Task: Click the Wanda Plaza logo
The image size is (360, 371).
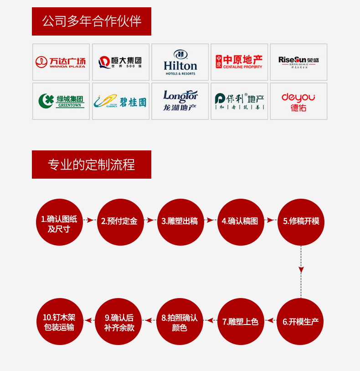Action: tap(61, 62)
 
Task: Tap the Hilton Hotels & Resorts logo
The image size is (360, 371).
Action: tap(180, 62)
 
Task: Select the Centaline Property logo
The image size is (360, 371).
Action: tap(239, 62)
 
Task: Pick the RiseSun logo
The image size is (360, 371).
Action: tap(298, 62)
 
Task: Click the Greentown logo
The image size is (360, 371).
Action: tap(61, 101)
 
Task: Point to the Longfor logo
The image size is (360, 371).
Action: tap(180, 101)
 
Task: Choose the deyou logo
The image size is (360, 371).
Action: tap(298, 101)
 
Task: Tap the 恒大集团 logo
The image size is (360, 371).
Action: tap(121, 62)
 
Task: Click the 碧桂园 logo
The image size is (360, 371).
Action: tap(121, 101)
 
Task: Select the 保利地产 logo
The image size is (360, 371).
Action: tap(239, 101)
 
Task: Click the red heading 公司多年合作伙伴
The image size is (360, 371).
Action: tap(92, 21)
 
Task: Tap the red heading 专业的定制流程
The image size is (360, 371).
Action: tap(92, 165)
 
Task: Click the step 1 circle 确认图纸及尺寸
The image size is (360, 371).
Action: tap(59, 222)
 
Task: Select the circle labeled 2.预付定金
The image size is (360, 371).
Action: tap(119, 222)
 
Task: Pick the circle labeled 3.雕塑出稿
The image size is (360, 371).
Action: tap(180, 222)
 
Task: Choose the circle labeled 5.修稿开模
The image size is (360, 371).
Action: tap(301, 222)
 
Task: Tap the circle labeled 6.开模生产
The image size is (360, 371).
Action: tap(301, 321)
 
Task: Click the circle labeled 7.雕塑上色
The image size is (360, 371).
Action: tap(240, 321)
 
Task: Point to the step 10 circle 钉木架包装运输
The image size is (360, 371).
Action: tap(59, 321)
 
